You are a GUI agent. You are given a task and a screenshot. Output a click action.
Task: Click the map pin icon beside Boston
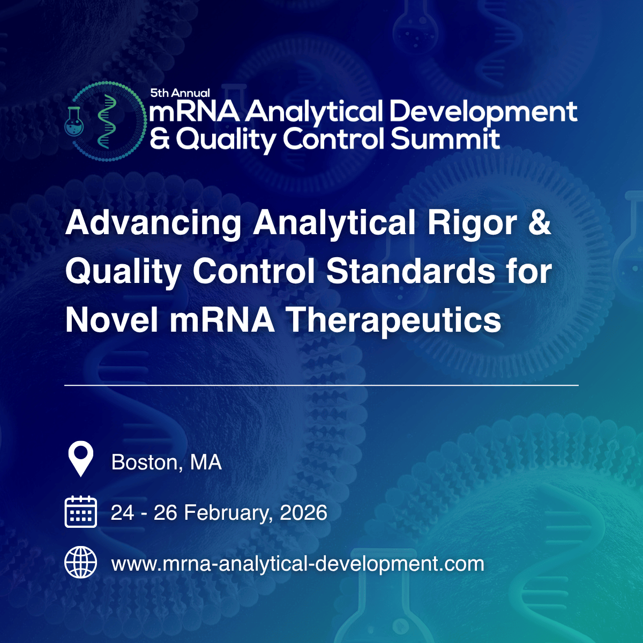pos(81,459)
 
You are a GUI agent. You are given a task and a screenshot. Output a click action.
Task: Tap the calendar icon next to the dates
pos(81,512)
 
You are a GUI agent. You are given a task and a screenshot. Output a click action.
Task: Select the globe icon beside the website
pos(81,563)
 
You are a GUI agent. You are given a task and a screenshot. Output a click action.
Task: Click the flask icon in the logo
pos(74,121)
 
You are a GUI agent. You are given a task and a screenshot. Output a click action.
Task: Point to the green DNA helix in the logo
pos(107,121)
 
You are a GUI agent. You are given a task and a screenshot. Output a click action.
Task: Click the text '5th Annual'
pos(180,93)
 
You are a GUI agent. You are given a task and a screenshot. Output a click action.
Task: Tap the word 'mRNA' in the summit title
pos(195,111)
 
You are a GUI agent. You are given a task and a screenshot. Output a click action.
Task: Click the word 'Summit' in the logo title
pos(445,139)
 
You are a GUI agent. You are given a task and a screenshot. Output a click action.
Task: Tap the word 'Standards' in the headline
pos(411,271)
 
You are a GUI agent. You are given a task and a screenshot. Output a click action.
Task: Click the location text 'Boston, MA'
pos(167,462)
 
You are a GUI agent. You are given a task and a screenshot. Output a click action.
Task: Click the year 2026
pos(303,513)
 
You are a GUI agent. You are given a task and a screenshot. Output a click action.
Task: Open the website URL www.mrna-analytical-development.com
pos(297,564)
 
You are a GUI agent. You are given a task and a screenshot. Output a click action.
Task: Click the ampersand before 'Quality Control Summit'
pos(160,139)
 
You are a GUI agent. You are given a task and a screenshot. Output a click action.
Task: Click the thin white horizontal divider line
pos(322,385)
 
